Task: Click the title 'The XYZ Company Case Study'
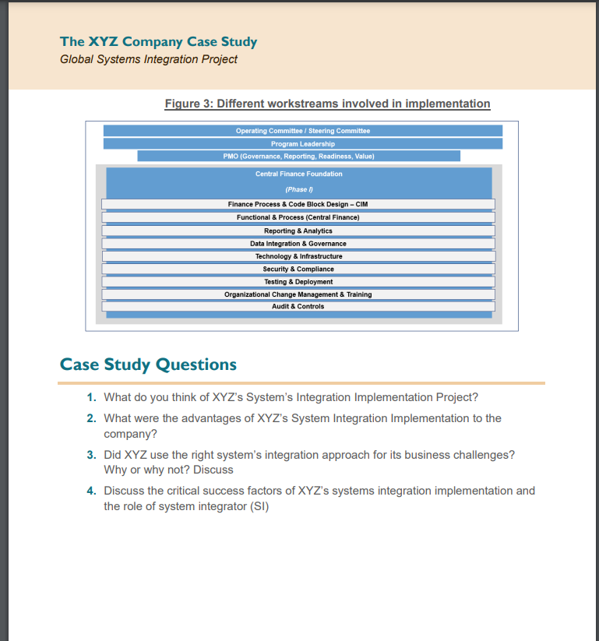[x=158, y=42]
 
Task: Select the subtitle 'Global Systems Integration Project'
[x=148, y=59]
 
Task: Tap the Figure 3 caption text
[x=327, y=104]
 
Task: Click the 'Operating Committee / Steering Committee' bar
[x=302, y=131]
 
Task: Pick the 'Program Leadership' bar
[x=302, y=143]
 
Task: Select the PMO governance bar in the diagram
[x=298, y=156]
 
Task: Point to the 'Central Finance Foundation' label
[x=298, y=174]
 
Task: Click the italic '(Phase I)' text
[x=298, y=189]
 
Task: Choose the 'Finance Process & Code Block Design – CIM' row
[x=298, y=204]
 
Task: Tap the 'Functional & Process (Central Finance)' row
[x=298, y=217]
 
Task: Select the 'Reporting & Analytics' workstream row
[x=298, y=231]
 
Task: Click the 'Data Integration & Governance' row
[x=298, y=244]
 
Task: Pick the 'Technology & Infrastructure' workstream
[x=298, y=256]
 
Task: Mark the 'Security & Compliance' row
[x=298, y=269]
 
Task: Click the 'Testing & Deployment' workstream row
[x=298, y=281]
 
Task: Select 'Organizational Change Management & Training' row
[x=298, y=294]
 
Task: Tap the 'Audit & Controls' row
[x=298, y=306]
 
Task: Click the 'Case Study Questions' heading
[x=148, y=365]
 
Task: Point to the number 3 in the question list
[x=91, y=454]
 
